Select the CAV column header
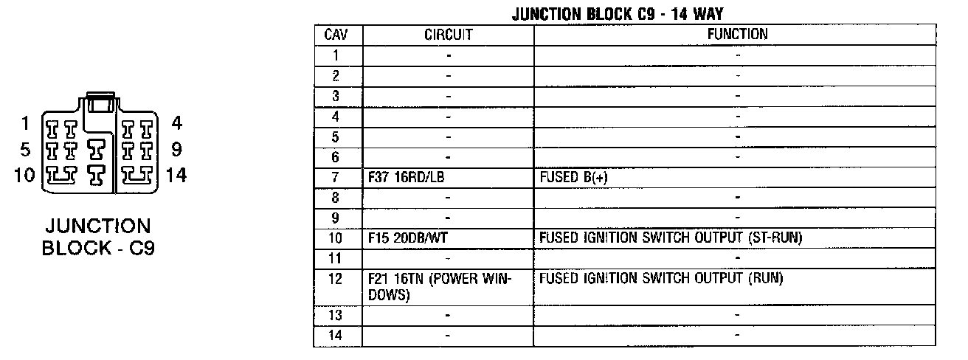click(337, 35)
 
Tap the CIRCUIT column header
click(448, 35)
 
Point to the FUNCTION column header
click(737, 35)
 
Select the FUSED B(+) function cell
click(573, 178)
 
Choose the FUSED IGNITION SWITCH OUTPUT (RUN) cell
click(660, 279)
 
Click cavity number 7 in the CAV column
click(336, 178)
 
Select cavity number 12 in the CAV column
click(336, 280)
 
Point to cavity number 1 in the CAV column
click(336, 55)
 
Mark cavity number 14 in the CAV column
click(336, 336)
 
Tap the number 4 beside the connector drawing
click(176, 122)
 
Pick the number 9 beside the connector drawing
click(176, 149)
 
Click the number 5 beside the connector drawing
click(26, 150)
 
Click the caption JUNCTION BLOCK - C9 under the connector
click(98, 237)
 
